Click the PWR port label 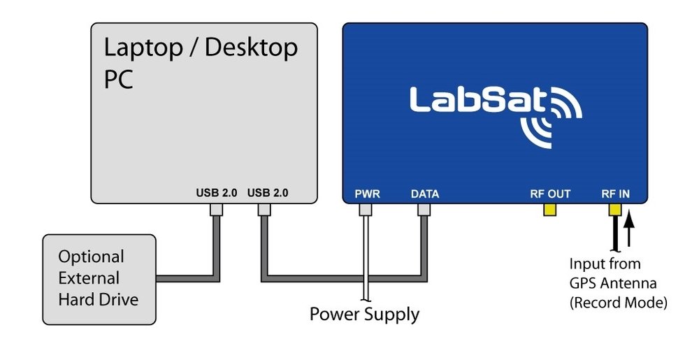point(367,194)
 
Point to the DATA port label point(425,194)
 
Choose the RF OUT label point(550,194)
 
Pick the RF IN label point(616,194)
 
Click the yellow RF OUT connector point(550,209)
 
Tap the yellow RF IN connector point(616,209)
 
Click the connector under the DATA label point(424,209)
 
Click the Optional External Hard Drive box point(99,279)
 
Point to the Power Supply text point(364,314)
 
